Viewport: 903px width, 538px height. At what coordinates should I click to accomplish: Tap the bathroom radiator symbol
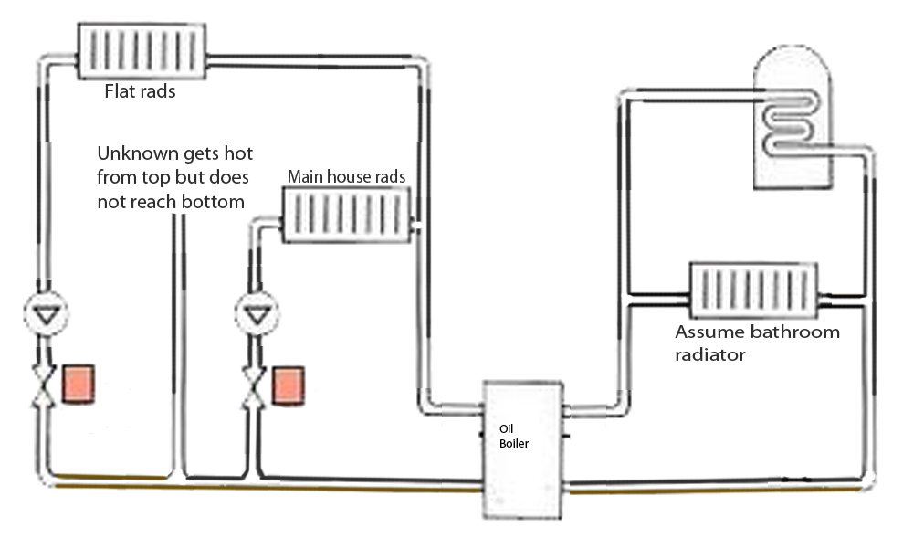(753, 291)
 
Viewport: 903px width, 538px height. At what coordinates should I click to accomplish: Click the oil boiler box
(521, 448)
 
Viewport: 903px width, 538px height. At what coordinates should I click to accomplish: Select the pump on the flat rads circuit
(45, 314)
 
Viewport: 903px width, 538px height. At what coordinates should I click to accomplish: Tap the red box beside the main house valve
(289, 385)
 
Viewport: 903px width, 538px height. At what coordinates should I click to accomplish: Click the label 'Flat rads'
(140, 92)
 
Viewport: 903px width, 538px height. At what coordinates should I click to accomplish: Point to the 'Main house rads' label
(346, 176)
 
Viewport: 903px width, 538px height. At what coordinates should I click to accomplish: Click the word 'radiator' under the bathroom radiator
(710, 354)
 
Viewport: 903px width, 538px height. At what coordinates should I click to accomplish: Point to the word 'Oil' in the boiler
(507, 427)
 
